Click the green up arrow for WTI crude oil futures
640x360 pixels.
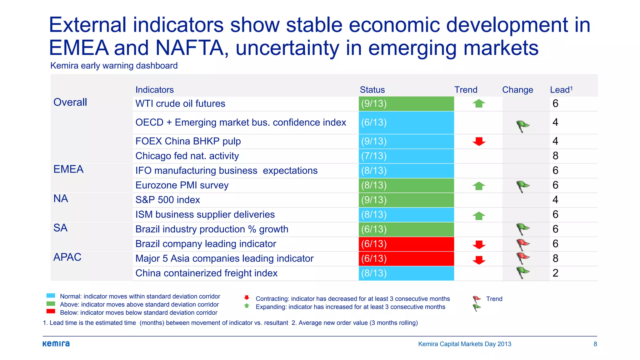pos(478,103)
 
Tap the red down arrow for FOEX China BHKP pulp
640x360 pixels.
pos(479,141)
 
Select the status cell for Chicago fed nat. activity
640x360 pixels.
pos(406,156)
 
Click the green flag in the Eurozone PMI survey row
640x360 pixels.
pos(522,187)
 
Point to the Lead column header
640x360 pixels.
pos(561,90)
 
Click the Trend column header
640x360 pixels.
pos(466,90)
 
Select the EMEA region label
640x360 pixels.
pos(68,169)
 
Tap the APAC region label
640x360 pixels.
pos(67,257)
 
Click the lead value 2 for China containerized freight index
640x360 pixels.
pos(555,273)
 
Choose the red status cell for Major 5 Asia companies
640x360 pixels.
pos(406,259)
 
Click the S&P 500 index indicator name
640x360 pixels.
pos(167,200)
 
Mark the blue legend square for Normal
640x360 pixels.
pos(51,296)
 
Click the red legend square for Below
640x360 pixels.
pos(51,311)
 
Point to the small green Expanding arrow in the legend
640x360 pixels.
pos(247,306)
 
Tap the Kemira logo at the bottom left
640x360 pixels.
pos(56,344)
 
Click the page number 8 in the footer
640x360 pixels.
pos(595,344)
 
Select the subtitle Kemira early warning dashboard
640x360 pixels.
pos(114,66)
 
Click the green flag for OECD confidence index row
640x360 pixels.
pos(522,126)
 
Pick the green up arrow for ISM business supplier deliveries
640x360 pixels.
pos(478,216)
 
